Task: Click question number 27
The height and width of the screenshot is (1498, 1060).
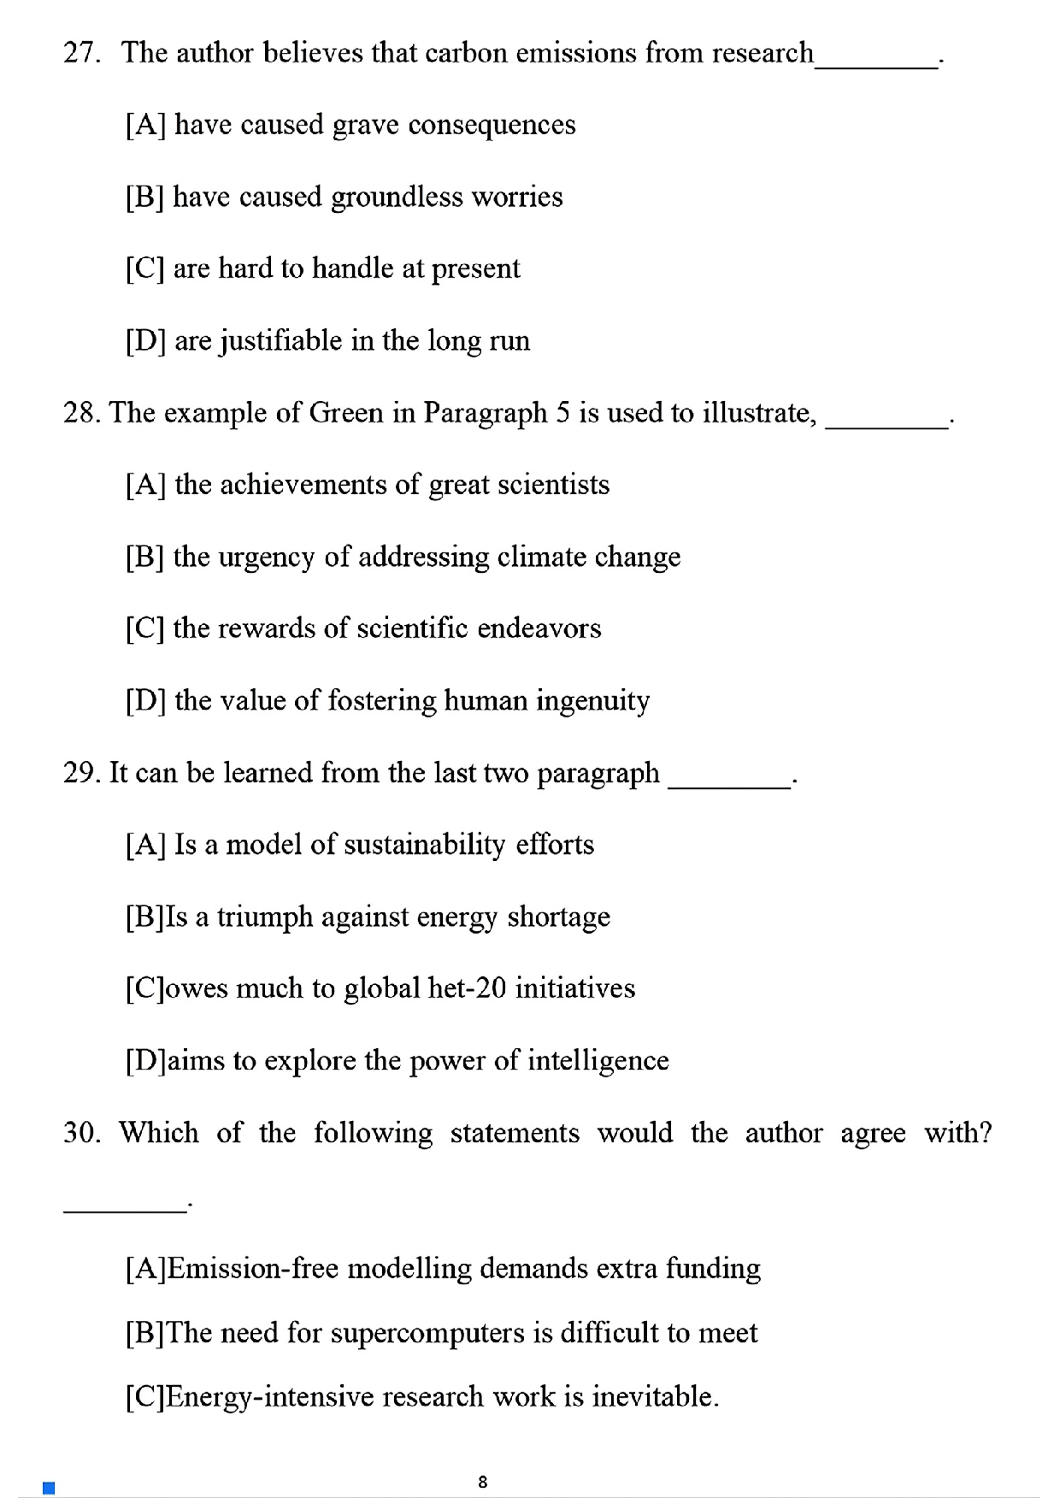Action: click(x=81, y=53)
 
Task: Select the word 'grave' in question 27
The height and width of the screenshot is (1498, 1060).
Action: click(x=365, y=125)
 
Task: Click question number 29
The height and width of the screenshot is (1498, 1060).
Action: click(x=81, y=773)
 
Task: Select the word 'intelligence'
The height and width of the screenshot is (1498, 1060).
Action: click(x=598, y=1061)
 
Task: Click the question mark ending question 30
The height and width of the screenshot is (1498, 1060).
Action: click(x=985, y=1133)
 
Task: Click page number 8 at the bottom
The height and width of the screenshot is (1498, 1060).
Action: click(x=483, y=1482)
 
